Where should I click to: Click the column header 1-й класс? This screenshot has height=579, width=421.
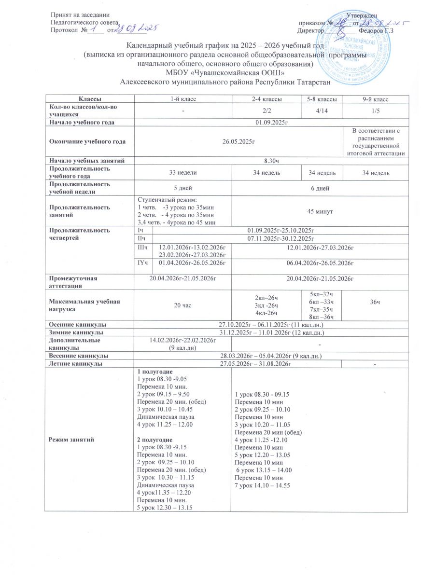pyautogui.click(x=182, y=99)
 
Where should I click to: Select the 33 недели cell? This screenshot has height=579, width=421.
pyautogui.click(x=182, y=172)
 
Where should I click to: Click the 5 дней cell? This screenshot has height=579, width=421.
pyautogui.click(x=182, y=188)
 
